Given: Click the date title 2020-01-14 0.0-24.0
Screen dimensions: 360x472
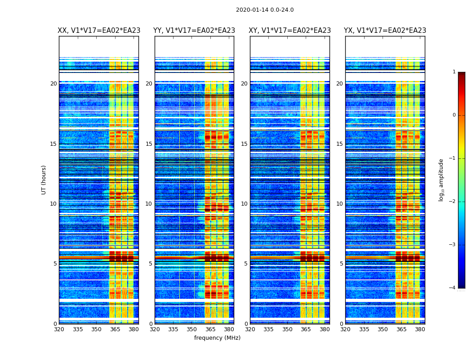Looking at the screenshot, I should pyautogui.click(x=265, y=10).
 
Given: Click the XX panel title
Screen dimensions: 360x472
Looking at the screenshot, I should pyautogui.click(x=99, y=31).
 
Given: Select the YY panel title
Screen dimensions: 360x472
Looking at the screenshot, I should pyautogui.click(x=194, y=31).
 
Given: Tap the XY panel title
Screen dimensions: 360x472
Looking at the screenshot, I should pyautogui.click(x=290, y=31).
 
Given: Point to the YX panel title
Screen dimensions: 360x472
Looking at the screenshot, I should pyautogui.click(x=385, y=31).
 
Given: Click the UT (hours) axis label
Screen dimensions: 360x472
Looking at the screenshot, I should pyautogui.click(x=44, y=180).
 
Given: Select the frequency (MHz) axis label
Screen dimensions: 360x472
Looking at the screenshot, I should pyautogui.click(x=217, y=338).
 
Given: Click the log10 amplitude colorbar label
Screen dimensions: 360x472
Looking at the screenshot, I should pyautogui.click(x=441, y=180).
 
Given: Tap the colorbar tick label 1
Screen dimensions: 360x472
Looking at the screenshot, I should pyautogui.click(x=454, y=72).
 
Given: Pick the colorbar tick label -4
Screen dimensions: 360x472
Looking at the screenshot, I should pyautogui.click(x=453, y=288).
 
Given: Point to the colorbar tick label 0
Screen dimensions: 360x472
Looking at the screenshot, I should pyautogui.click(x=454, y=115).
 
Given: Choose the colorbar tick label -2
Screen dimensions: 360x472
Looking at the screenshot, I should pyautogui.click(x=453, y=202).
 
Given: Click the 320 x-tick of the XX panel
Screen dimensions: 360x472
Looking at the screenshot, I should pyautogui.click(x=59, y=329).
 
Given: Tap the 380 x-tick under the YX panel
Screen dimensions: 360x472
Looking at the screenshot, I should pyautogui.click(x=420, y=329).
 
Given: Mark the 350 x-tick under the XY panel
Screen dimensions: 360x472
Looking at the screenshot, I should pyautogui.click(x=287, y=329).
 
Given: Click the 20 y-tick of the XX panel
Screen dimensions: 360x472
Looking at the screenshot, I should pyautogui.click(x=53, y=84).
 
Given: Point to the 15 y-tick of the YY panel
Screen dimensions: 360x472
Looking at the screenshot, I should pyautogui.click(x=149, y=144).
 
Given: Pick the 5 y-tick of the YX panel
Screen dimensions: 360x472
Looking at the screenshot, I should pyautogui.click(x=341, y=264).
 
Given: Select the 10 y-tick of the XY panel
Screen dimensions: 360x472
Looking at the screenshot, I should pyautogui.click(x=244, y=204).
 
